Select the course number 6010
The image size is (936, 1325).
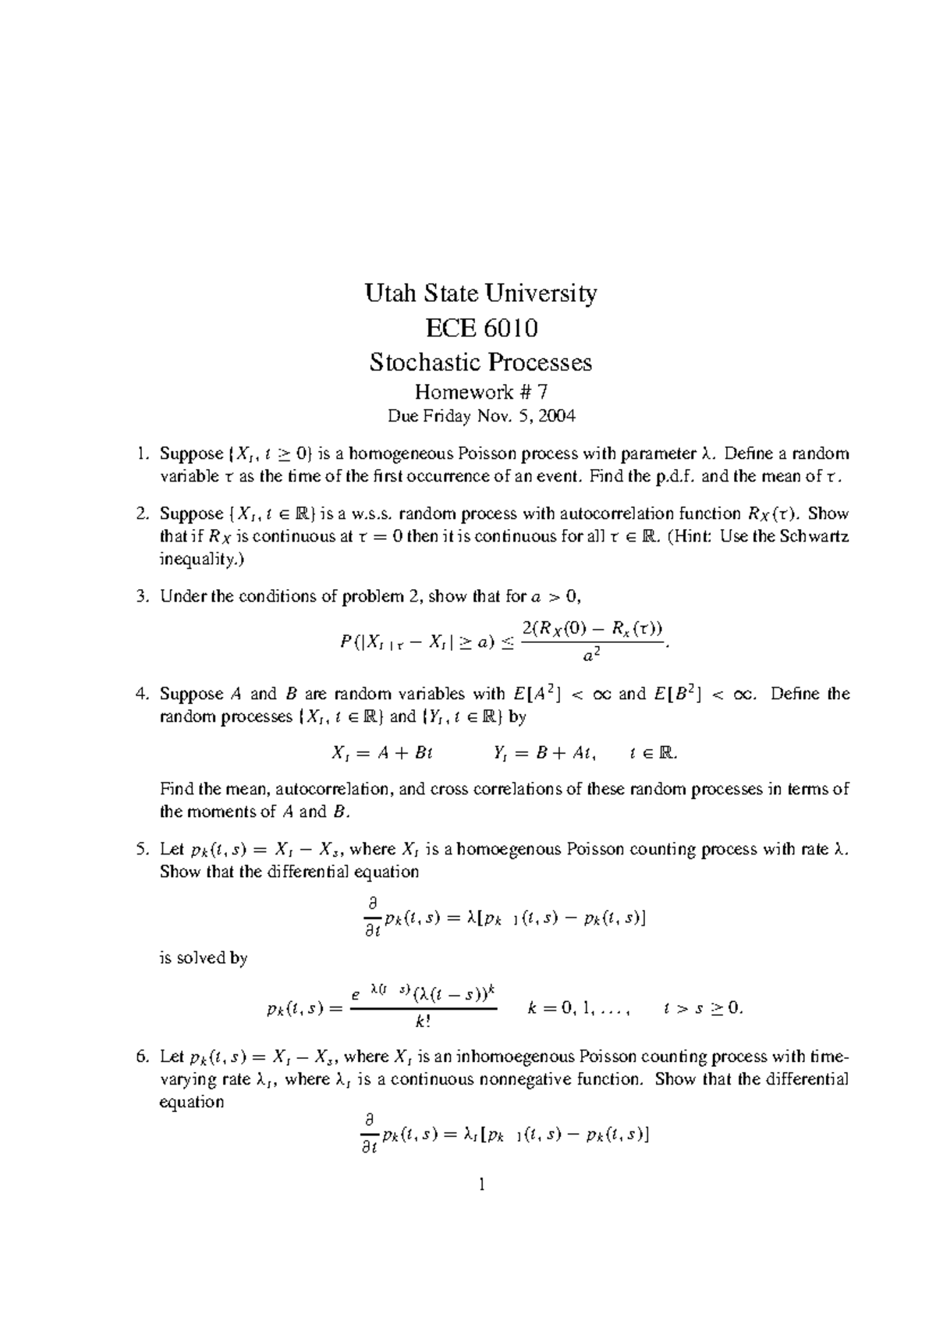click(x=510, y=328)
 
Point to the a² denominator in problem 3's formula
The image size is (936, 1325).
click(x=591, y=656)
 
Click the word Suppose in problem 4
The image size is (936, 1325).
click(x=191, y=694)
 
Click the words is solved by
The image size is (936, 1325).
click(x=204, y=958)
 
